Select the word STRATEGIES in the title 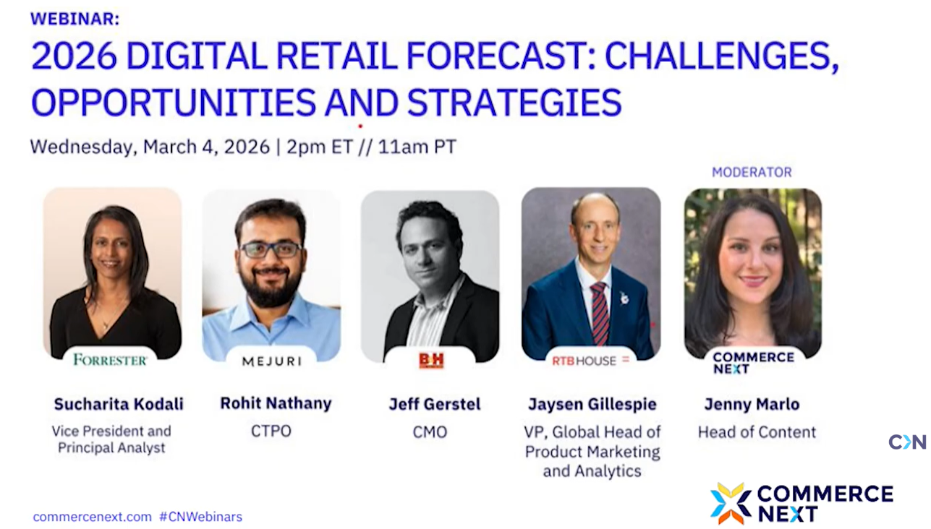514,102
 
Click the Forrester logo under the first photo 110,360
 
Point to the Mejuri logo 272,361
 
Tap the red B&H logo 431,361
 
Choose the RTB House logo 590,361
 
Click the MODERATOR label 752,172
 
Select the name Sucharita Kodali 119,404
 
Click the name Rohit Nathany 276,403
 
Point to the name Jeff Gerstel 435,404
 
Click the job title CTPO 271,431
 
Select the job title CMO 430,432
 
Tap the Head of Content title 757,432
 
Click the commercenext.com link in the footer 93,517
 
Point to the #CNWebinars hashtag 201,517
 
